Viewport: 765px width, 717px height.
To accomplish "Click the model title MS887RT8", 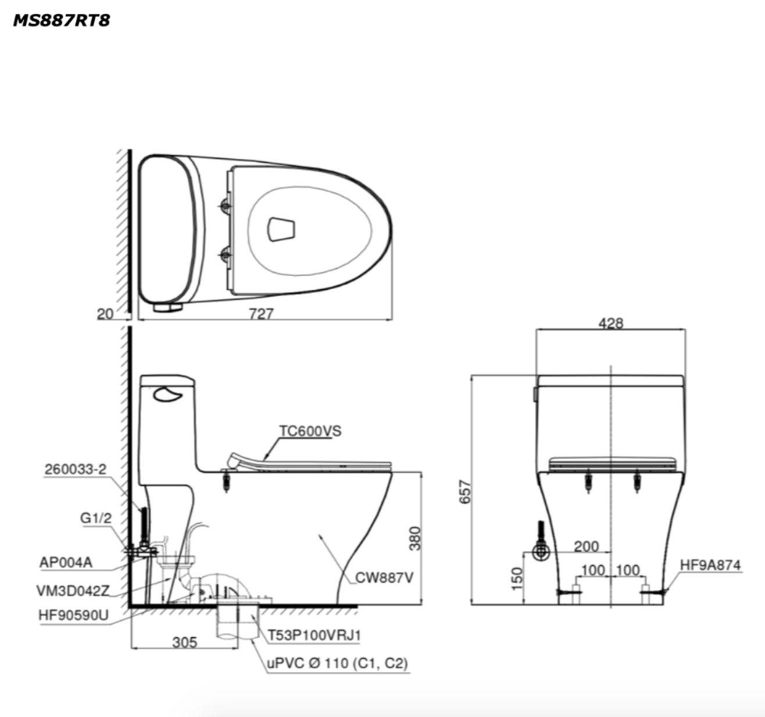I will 61,20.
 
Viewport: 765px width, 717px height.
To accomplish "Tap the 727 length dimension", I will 261,314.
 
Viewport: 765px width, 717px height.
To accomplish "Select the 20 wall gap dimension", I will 105,314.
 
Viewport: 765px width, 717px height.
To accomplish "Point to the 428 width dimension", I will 610,323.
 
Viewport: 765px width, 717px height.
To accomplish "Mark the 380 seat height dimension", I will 414,538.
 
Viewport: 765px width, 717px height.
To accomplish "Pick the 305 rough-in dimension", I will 185,642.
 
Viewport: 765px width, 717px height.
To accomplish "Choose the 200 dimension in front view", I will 586,546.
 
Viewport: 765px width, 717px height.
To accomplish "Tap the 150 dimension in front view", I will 517,577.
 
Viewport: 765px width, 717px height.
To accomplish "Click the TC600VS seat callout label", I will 310,431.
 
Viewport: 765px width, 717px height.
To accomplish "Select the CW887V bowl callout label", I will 384,578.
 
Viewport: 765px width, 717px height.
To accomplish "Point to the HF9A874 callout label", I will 710,565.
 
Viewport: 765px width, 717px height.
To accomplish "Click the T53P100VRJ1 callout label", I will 314,636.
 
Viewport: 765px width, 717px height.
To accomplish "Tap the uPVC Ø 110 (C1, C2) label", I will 337,663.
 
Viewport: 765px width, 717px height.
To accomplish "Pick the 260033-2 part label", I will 76,469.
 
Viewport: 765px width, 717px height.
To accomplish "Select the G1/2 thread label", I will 96,518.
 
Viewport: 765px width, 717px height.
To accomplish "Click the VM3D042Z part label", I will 73,591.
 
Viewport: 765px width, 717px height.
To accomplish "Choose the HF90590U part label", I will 73,615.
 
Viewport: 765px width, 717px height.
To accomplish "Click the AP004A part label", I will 66,563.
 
